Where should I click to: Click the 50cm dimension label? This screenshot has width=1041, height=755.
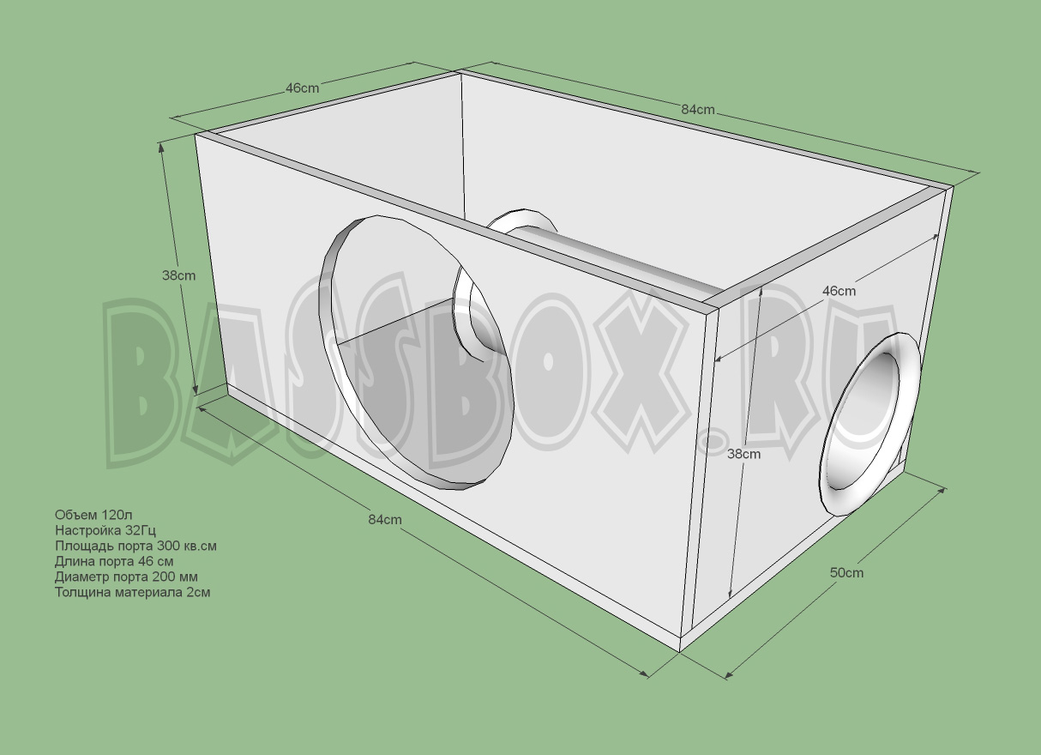(846, 573)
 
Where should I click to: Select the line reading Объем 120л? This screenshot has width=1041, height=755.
(93, 515)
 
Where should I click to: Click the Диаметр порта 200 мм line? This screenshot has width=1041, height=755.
(126, 577)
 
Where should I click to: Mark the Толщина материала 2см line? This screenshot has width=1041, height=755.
(132, 592)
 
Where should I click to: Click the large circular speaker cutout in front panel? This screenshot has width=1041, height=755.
(415, 352)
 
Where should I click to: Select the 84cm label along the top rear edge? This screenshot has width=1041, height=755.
(698, 110)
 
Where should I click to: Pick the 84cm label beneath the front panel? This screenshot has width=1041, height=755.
(385, 519)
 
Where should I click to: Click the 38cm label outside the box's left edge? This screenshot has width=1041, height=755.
(178, 275)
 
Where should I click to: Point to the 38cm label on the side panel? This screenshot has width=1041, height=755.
(743, 454)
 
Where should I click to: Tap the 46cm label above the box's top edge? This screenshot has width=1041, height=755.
(302, 88)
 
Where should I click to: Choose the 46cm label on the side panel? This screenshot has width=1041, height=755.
(839, 291)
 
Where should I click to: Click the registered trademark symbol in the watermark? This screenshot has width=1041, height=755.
(709, 442)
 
